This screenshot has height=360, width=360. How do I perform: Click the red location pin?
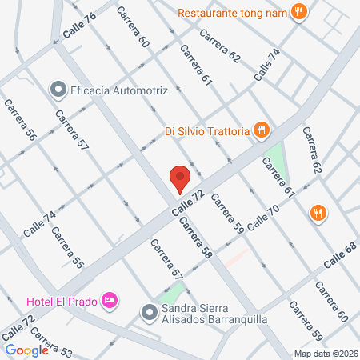click(180, 179)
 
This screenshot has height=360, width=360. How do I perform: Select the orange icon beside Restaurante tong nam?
click(299, 12)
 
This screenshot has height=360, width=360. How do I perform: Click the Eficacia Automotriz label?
click(118, 90)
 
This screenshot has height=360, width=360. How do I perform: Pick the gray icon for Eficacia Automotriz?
click(57, 90)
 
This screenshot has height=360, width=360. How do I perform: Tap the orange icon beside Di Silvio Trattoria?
click(260, 128)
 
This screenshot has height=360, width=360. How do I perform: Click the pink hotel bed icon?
click(110, 300)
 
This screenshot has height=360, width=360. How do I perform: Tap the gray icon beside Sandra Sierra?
click(148, 311)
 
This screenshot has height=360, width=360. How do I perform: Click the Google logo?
click(26, 350)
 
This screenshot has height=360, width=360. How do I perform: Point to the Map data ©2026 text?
click(326, 354)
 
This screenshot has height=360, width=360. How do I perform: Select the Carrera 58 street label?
click(196, 238)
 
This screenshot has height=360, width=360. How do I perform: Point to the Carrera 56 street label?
click(20, 120)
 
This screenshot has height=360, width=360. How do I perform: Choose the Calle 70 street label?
click(263, 218)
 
